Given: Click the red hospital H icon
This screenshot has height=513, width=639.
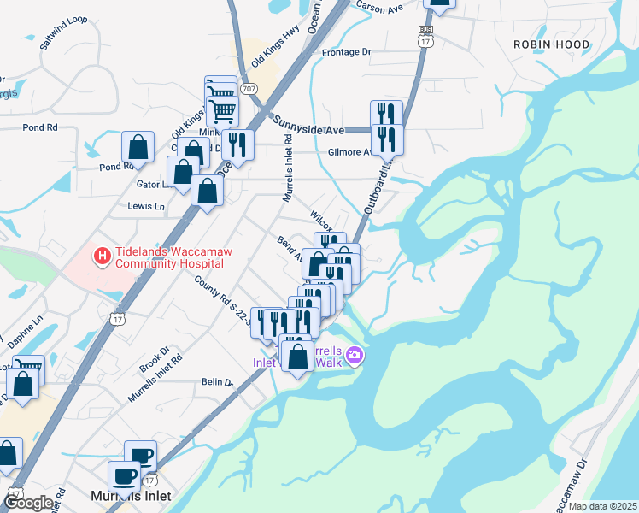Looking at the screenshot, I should coord(102,255).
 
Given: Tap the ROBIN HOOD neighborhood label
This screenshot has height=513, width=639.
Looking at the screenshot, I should coord(551,44).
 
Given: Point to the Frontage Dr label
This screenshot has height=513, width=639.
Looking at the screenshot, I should coord(347,52).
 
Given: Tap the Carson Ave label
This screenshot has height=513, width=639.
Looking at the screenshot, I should coord(378,7).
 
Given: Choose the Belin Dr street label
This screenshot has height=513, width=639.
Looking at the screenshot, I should coord(217,383).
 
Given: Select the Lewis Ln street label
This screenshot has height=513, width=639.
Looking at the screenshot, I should coord(145,206).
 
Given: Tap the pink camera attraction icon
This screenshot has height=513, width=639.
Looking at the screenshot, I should coord(354,355).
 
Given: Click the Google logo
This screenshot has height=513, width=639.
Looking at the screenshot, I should coord(28,504).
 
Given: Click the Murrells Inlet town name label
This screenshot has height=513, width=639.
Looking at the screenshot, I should coord(131,496).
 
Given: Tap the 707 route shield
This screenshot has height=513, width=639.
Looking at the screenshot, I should coord(249,88).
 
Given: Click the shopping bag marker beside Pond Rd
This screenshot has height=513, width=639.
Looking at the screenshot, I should coord(137,147).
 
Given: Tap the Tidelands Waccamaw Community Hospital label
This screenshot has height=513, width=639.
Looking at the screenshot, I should coord(175,257).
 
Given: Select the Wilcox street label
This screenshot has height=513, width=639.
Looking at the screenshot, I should coord(321,221).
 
